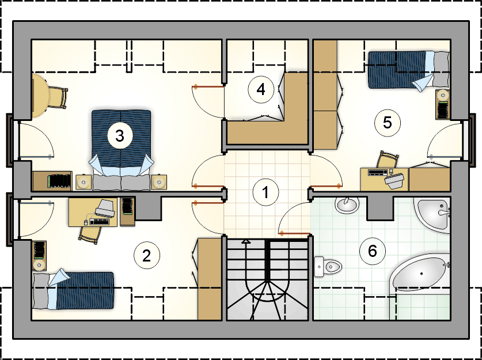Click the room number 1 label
pos(265,192)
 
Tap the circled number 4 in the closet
pos(261,89)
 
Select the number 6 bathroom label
pos(372,251)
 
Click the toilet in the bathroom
pos(328,265)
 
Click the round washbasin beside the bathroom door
pos(347,204)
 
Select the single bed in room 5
pos(408,71)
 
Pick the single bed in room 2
pos(73,290)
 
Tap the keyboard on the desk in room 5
pos(377,172)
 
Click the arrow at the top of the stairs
pos(246,242)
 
